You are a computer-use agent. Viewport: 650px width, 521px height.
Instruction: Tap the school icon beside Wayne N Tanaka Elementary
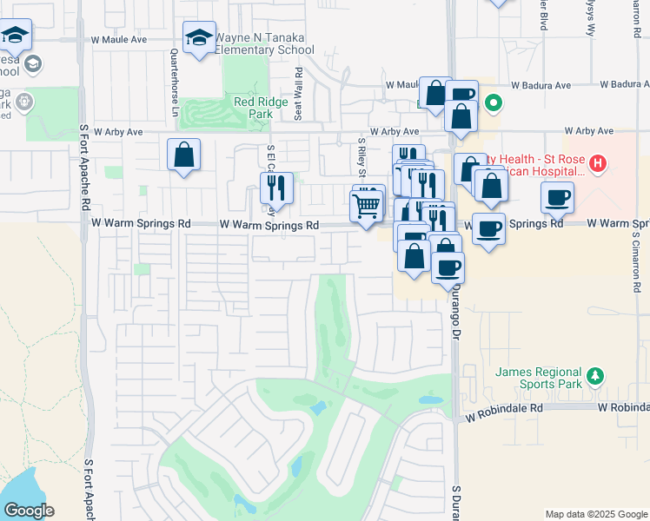(x=199, y=37)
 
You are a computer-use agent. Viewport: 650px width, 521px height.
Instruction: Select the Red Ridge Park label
(x=254, y=107)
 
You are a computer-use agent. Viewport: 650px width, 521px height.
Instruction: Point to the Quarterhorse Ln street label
(x=174, y=83)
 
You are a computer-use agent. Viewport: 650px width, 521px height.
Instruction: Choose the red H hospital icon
(x=597, y=162)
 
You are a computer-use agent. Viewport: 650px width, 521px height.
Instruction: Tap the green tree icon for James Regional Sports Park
(x=595, y=376)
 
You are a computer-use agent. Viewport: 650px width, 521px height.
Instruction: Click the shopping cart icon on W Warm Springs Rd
(x=367, y=206)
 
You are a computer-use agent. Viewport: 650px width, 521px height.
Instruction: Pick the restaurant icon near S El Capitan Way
(x=271, y=186)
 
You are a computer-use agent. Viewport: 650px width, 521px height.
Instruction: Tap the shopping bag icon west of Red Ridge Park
(x=184, y=155)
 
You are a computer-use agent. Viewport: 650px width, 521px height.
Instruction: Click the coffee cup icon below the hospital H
(x=557, y=197)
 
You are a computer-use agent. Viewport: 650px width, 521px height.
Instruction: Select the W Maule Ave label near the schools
(x=130, y=40)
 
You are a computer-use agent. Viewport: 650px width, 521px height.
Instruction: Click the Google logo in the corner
(x=28, y=511)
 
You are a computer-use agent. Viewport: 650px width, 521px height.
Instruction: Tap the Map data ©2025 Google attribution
(x=596, y=514)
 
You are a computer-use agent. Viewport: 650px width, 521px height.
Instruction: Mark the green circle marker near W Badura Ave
(x=494, y=104)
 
